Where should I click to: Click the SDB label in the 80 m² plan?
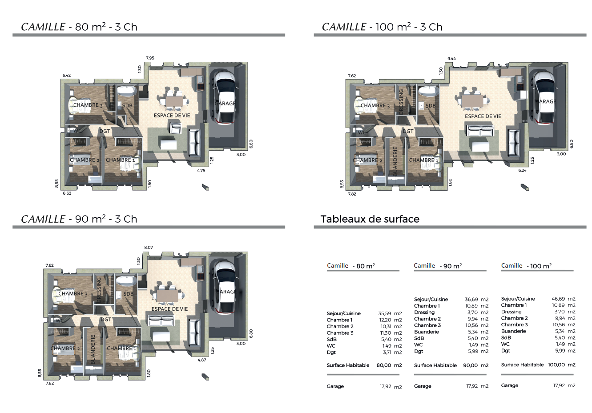127,105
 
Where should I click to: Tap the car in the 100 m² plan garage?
544,97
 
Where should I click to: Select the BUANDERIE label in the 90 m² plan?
93,349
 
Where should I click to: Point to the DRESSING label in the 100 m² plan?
401,102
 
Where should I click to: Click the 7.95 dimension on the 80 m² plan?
150,58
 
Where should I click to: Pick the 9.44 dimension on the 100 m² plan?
451,58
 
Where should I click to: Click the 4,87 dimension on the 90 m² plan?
201,360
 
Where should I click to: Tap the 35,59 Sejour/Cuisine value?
385,313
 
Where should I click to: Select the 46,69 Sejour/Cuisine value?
558,299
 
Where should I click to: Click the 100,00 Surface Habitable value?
556,365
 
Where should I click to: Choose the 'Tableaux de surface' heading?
370,219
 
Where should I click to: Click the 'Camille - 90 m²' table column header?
438,265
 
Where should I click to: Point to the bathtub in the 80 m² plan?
127,91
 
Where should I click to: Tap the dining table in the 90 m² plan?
168,296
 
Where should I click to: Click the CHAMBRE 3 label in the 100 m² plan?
375,106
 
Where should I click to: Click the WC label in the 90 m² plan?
60,321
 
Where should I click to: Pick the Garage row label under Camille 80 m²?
334,386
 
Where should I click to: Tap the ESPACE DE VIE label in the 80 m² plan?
172,116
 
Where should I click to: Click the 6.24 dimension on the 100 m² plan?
522,170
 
